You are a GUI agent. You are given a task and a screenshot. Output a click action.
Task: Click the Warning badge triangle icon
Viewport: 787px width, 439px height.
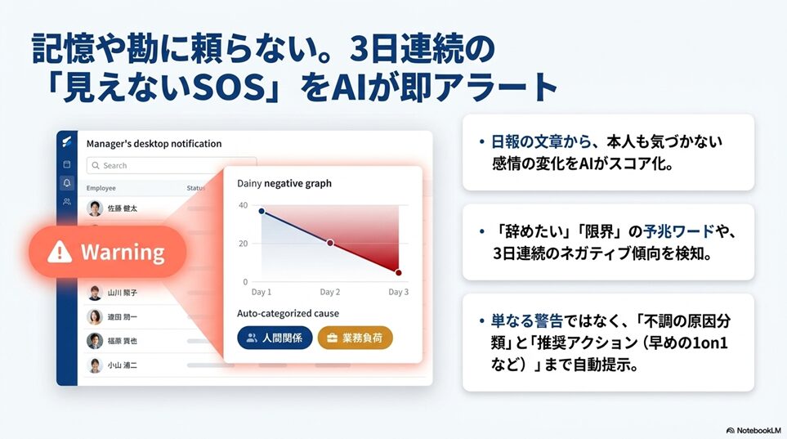(x=59, y=252)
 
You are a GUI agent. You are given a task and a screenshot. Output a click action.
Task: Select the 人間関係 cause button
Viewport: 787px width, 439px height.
(x=275, y=338)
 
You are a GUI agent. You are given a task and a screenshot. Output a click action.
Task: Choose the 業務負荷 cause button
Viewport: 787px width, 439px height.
(x=355, y=338)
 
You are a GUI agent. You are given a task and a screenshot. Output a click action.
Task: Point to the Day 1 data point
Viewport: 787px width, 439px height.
(x=262, y=211)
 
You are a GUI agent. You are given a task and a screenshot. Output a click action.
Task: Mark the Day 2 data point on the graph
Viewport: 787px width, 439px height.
(x=330, y=243)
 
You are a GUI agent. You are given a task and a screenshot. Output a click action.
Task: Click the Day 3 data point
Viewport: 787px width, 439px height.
(x=398, y=273)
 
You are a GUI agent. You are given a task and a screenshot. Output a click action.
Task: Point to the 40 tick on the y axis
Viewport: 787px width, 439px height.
(x=243, y=205)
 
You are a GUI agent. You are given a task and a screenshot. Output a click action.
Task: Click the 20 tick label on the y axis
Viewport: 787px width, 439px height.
(x=243, y=244)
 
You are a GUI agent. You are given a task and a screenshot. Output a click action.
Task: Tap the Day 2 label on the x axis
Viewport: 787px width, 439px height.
(x=330, y=292)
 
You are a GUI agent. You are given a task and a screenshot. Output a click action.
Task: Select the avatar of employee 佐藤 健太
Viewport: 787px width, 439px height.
(x=95, y=208)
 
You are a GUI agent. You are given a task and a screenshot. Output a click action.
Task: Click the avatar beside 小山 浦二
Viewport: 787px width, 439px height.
(x=95, y=365)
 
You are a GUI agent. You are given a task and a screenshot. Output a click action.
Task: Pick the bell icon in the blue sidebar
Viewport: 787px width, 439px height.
(x=67, y=183)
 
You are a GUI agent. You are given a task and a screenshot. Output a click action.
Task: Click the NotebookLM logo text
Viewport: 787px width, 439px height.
(x=753, y=431)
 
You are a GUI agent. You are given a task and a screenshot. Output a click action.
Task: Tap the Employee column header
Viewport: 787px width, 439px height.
(x=101, y=188)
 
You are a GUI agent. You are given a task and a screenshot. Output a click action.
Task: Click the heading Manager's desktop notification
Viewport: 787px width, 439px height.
(x=154, y=144)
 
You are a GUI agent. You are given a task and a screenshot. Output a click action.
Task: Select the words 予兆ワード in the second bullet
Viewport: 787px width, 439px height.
(x=679, y=231)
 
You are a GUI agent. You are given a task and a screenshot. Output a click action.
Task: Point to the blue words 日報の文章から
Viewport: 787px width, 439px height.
(x=541, y=141)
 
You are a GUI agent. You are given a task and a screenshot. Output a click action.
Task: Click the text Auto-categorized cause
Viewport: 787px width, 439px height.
(x=288, y=313)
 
